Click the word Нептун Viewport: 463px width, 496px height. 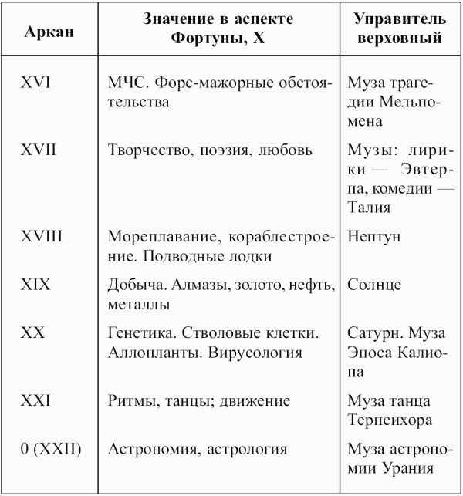[373, 237]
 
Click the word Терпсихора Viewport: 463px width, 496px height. [389, 420]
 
